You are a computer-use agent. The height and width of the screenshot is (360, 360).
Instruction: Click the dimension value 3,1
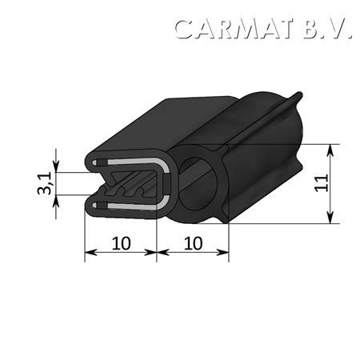point(45,184)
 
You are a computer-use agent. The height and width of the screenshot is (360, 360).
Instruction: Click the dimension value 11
point(321,183)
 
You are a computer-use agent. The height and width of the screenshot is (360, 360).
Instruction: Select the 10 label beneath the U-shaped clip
point(122,243)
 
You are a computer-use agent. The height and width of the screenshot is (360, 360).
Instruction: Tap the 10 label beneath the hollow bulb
point(194,243)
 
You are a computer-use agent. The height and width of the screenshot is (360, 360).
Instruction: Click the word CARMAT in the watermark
point(234,29)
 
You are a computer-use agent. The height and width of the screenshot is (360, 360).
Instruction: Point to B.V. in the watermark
point(327,29)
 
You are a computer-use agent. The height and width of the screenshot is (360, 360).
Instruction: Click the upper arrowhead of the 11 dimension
point(330,150)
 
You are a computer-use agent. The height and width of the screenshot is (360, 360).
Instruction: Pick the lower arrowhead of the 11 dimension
point(330,217)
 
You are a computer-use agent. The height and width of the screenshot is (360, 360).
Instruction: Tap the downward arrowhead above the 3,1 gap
point(56,166)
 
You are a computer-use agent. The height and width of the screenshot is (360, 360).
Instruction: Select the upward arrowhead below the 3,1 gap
point(56,202)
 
